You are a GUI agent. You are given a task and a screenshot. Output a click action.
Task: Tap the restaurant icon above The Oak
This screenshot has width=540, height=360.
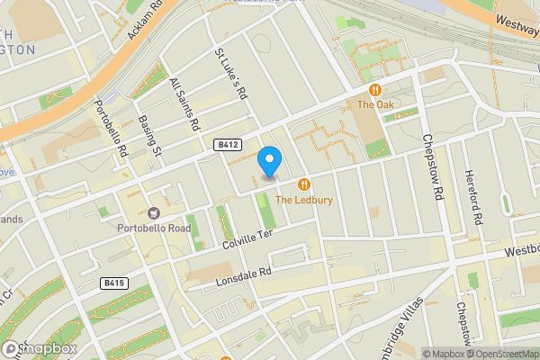(x=374, y=89)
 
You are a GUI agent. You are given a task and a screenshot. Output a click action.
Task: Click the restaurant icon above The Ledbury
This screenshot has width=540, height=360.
(x=305, y=183)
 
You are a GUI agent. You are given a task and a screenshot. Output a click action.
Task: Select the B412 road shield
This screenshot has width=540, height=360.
(x=227, y=144)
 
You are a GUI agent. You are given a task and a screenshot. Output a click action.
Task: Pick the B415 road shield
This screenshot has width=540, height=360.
(x=114, y=283)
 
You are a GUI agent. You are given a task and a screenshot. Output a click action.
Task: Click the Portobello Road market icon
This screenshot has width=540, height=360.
(x=153, y=212)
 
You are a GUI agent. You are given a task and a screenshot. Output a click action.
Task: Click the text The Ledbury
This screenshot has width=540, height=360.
(x=305, y=199)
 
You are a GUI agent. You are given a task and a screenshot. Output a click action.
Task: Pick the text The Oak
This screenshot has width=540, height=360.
(x=374, y=105)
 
